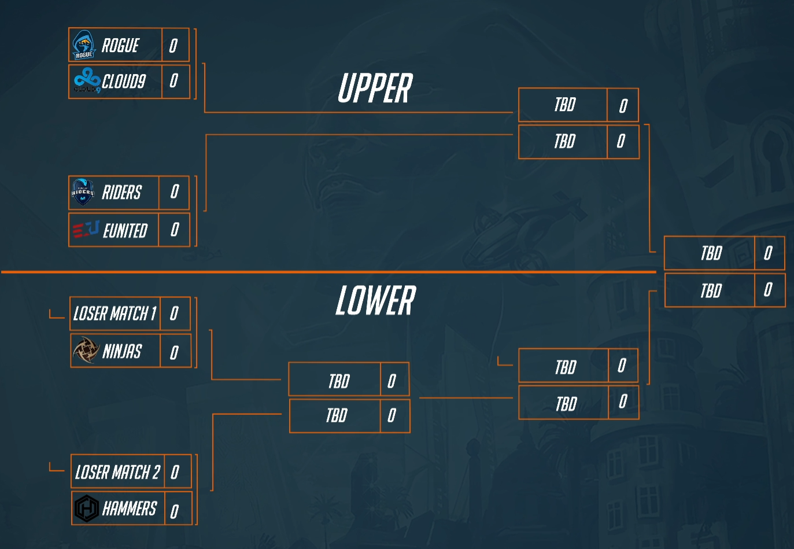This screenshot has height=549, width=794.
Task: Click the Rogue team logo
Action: [x=84, y=45]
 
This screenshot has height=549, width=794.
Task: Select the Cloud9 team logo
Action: [x=87, y=80]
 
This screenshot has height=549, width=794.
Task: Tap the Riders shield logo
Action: [x=83, y=192]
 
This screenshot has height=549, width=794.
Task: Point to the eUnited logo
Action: [x=86, y=229]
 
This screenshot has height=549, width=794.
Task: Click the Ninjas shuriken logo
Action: [x=86, y=349]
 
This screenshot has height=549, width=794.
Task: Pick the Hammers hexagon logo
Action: [x=87, y=508]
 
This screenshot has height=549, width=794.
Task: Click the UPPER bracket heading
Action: [x=375, y=88]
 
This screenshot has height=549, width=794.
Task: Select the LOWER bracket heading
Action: [x=375, y=300]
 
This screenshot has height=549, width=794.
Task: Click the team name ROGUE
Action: [x=120, y=45]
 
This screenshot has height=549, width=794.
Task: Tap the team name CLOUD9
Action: [x=124, y=81]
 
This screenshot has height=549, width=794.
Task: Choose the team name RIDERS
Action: [x=121, y=192]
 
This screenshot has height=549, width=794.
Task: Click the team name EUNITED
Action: [x=125, y=230]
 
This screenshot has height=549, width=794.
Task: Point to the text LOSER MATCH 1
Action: [x=115, y=314]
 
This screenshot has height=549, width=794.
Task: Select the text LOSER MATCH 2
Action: [x=117, y=472]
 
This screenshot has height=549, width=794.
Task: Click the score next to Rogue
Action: [x=173, y=45]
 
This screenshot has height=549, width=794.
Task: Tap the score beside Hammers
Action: [x=174, y=511]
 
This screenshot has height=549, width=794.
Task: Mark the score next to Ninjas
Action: [x=173, y=352]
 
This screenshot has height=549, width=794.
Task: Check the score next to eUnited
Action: [x=175, y=230]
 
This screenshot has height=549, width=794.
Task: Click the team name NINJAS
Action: [x=122, y=351]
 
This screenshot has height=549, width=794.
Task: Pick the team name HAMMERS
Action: [x=130, y=509]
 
